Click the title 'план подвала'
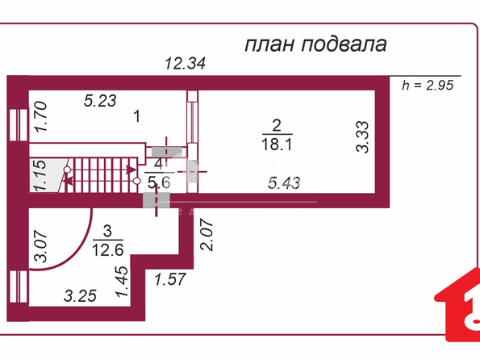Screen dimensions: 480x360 click(315, 44)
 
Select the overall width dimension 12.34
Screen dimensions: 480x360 click(186, 64)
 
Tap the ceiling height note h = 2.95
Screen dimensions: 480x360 click(428, 86)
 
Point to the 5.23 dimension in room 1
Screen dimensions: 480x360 click(100, 101)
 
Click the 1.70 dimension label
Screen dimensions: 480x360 click(40, 116)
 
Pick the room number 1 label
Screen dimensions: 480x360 click(137, 116)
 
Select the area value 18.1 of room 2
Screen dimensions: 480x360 click(277, 144)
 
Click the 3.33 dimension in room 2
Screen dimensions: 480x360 click(362, 137)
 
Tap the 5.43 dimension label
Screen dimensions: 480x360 click(284, 183)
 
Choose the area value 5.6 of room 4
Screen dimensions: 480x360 click(159, 182)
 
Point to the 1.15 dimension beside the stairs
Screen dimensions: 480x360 click(40, 175)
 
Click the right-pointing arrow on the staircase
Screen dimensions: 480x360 click(131, 170)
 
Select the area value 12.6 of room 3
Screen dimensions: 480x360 click(108, 250)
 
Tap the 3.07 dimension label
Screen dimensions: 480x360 click(40, 247)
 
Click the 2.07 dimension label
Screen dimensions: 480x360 click(206, 235)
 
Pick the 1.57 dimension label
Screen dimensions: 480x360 click(170, 279)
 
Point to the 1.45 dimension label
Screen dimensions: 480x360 click(122, 281)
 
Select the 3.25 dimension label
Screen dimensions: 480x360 click(80, 296)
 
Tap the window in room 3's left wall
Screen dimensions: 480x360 click(19, 287)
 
